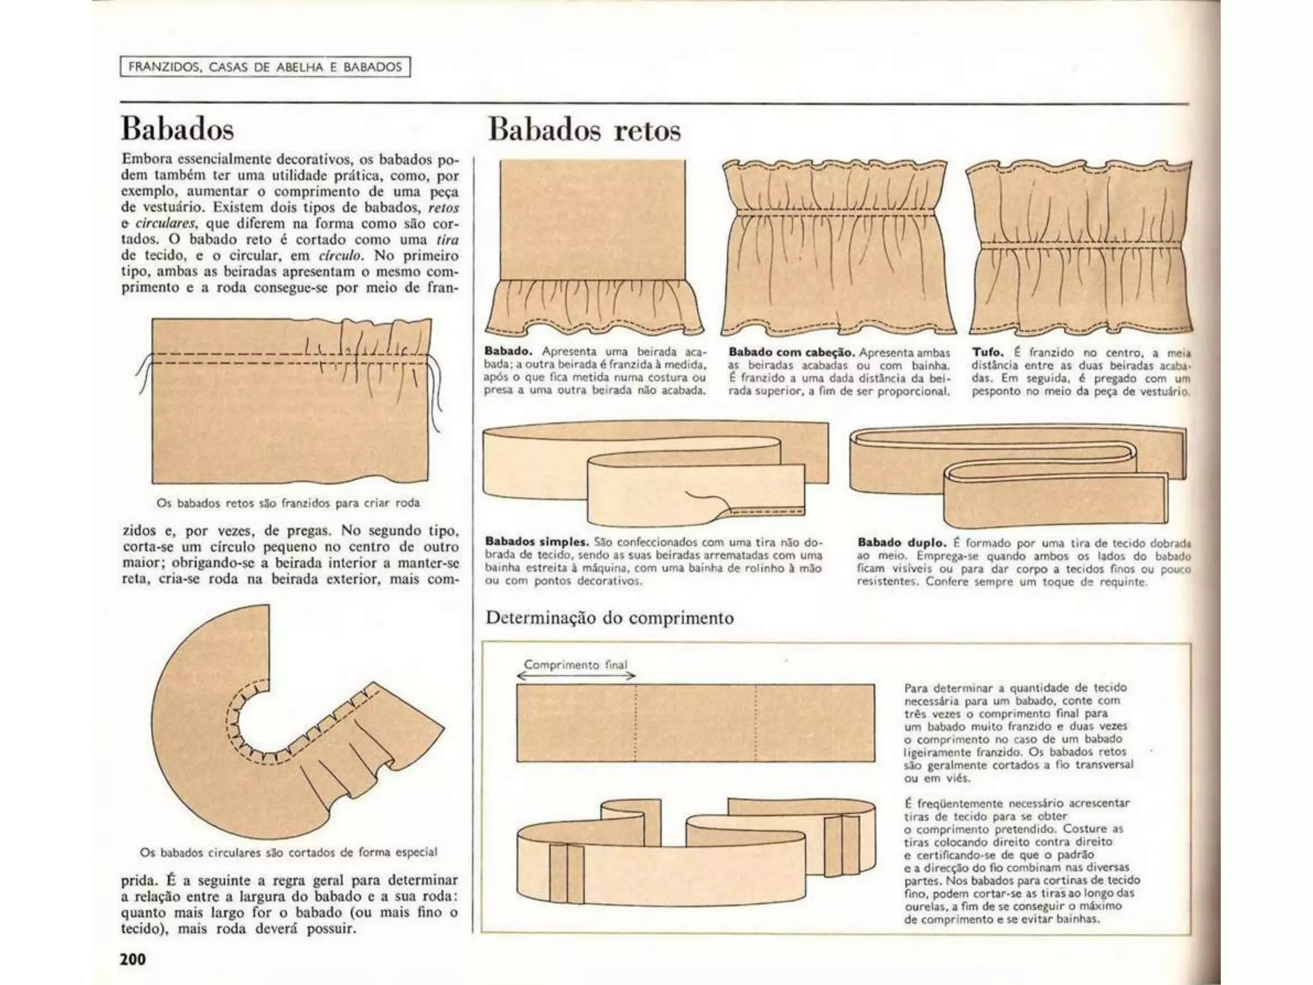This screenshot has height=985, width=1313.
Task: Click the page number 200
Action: coord(133,959)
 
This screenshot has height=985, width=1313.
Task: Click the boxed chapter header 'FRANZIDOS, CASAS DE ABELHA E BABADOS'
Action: coord(265,67)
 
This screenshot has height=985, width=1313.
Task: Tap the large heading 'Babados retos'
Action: coord(584,130)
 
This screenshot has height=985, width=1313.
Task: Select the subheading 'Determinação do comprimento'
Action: coord(609,618)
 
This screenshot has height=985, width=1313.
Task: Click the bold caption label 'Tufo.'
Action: coord(987,352)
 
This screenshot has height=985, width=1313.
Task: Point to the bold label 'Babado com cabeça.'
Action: coord(791,352)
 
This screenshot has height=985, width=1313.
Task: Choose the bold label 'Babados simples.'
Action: coord(537,542)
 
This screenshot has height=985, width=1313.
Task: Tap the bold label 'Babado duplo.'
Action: coord(901,543)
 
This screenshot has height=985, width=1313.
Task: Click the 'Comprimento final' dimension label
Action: coord(576,664)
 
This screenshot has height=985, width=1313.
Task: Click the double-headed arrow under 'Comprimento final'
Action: coord(576,675)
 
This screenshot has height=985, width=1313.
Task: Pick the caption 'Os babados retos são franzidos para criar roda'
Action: coord(289,503)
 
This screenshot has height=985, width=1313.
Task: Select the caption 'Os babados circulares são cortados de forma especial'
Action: coord(289,852)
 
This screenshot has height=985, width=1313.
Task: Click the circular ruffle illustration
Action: coord(282,725)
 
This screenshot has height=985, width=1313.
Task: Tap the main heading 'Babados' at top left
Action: coord(178,129)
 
